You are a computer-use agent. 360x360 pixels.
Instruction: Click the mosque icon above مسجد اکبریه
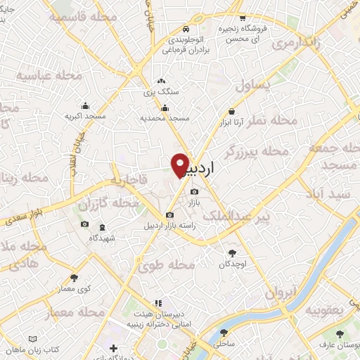click(x=85, y=105)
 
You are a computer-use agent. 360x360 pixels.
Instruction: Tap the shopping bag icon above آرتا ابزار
click(x=231, y=110)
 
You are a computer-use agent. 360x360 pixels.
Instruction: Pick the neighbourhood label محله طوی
click(x=172, y=265)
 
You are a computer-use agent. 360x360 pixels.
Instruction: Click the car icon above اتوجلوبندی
click(x=184, y=30)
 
